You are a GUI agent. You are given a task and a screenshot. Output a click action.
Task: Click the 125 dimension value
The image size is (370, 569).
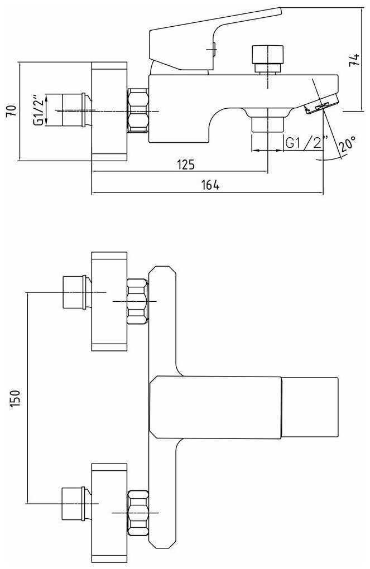185,164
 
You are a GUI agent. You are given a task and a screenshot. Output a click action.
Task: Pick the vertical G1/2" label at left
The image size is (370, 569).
38,110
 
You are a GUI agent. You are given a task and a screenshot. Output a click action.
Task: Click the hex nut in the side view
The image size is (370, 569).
138,110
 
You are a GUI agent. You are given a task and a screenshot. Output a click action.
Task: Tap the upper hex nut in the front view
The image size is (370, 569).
138,301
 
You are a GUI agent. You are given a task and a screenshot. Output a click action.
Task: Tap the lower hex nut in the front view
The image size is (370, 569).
138,512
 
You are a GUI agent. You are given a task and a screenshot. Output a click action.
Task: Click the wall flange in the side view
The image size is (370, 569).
109,111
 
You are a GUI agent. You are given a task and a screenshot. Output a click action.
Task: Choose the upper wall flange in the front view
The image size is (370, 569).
109,301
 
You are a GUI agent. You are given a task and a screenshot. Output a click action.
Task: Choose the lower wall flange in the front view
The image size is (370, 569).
109,512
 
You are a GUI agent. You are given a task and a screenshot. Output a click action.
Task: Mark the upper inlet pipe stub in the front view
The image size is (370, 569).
74,292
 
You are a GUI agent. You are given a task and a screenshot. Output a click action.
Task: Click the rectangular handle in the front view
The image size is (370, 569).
244,406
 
